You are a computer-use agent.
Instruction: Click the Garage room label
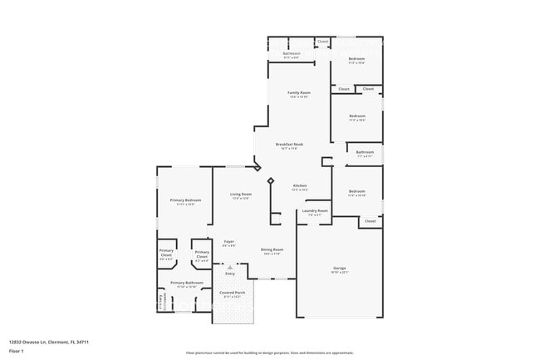click(x=340, y=268)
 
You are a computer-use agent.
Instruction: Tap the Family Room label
click(x=299, y=92)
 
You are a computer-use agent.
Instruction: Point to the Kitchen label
click(x=300, y=185)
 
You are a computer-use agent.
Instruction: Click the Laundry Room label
click(x=315, y=210)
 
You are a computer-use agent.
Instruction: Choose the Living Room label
click(x=241, y=194)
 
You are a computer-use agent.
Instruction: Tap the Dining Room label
click(x=272, y=249)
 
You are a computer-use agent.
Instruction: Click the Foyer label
click(x=228, y=242)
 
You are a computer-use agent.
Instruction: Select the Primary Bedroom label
click(x=185, y=200)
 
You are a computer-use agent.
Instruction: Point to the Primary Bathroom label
click(x=187, y=283)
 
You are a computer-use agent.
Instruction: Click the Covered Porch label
click(x=232, y=293)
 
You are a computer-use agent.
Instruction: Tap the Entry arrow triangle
click(x=230, y=267)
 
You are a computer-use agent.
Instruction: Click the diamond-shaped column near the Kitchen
click(x=270, y=180)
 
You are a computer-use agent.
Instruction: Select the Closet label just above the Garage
click(x=371, y=221)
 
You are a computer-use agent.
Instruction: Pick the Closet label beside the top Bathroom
click(x=322, y=41)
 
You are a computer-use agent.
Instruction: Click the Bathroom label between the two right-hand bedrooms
click(x=365, y=152)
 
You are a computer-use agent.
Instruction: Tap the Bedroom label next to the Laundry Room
click(x=356, y=191)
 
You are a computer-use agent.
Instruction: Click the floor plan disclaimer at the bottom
click(x=269, y=353)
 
